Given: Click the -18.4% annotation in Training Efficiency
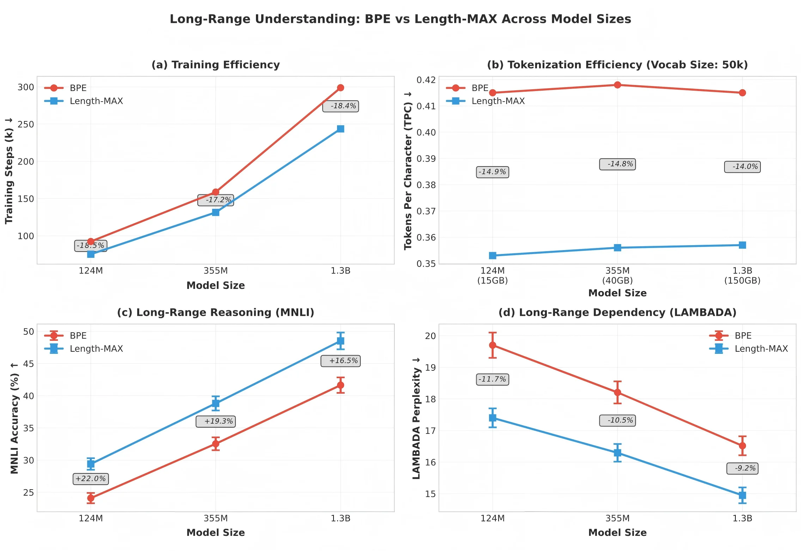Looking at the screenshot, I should [341, 106].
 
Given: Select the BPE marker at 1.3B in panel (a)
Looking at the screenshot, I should [341, 88].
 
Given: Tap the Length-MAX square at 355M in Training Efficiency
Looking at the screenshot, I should [216, 212].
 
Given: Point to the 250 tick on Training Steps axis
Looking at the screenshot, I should [26, 125].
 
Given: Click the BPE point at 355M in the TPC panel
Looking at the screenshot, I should [617, 85].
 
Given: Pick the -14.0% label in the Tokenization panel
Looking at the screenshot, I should [742, 167].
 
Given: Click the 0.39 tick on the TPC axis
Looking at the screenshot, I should [426, 159].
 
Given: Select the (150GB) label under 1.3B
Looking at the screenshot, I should [742, 281].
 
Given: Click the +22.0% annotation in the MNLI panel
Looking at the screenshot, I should [91, 479].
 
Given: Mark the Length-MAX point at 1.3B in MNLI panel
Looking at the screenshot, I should [341, 341].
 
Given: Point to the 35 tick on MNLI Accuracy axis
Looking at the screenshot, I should [28, 428].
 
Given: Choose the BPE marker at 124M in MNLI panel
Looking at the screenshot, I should [91, 498].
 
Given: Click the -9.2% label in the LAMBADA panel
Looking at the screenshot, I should [742, 468].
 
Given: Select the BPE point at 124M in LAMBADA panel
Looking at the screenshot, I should [493, 345].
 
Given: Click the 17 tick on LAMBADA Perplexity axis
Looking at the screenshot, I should [430, 431].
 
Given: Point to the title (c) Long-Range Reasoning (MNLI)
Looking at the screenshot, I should [215, 313].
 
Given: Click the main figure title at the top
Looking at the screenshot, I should [400, 19].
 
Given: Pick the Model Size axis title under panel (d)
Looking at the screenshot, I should [617, 533].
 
